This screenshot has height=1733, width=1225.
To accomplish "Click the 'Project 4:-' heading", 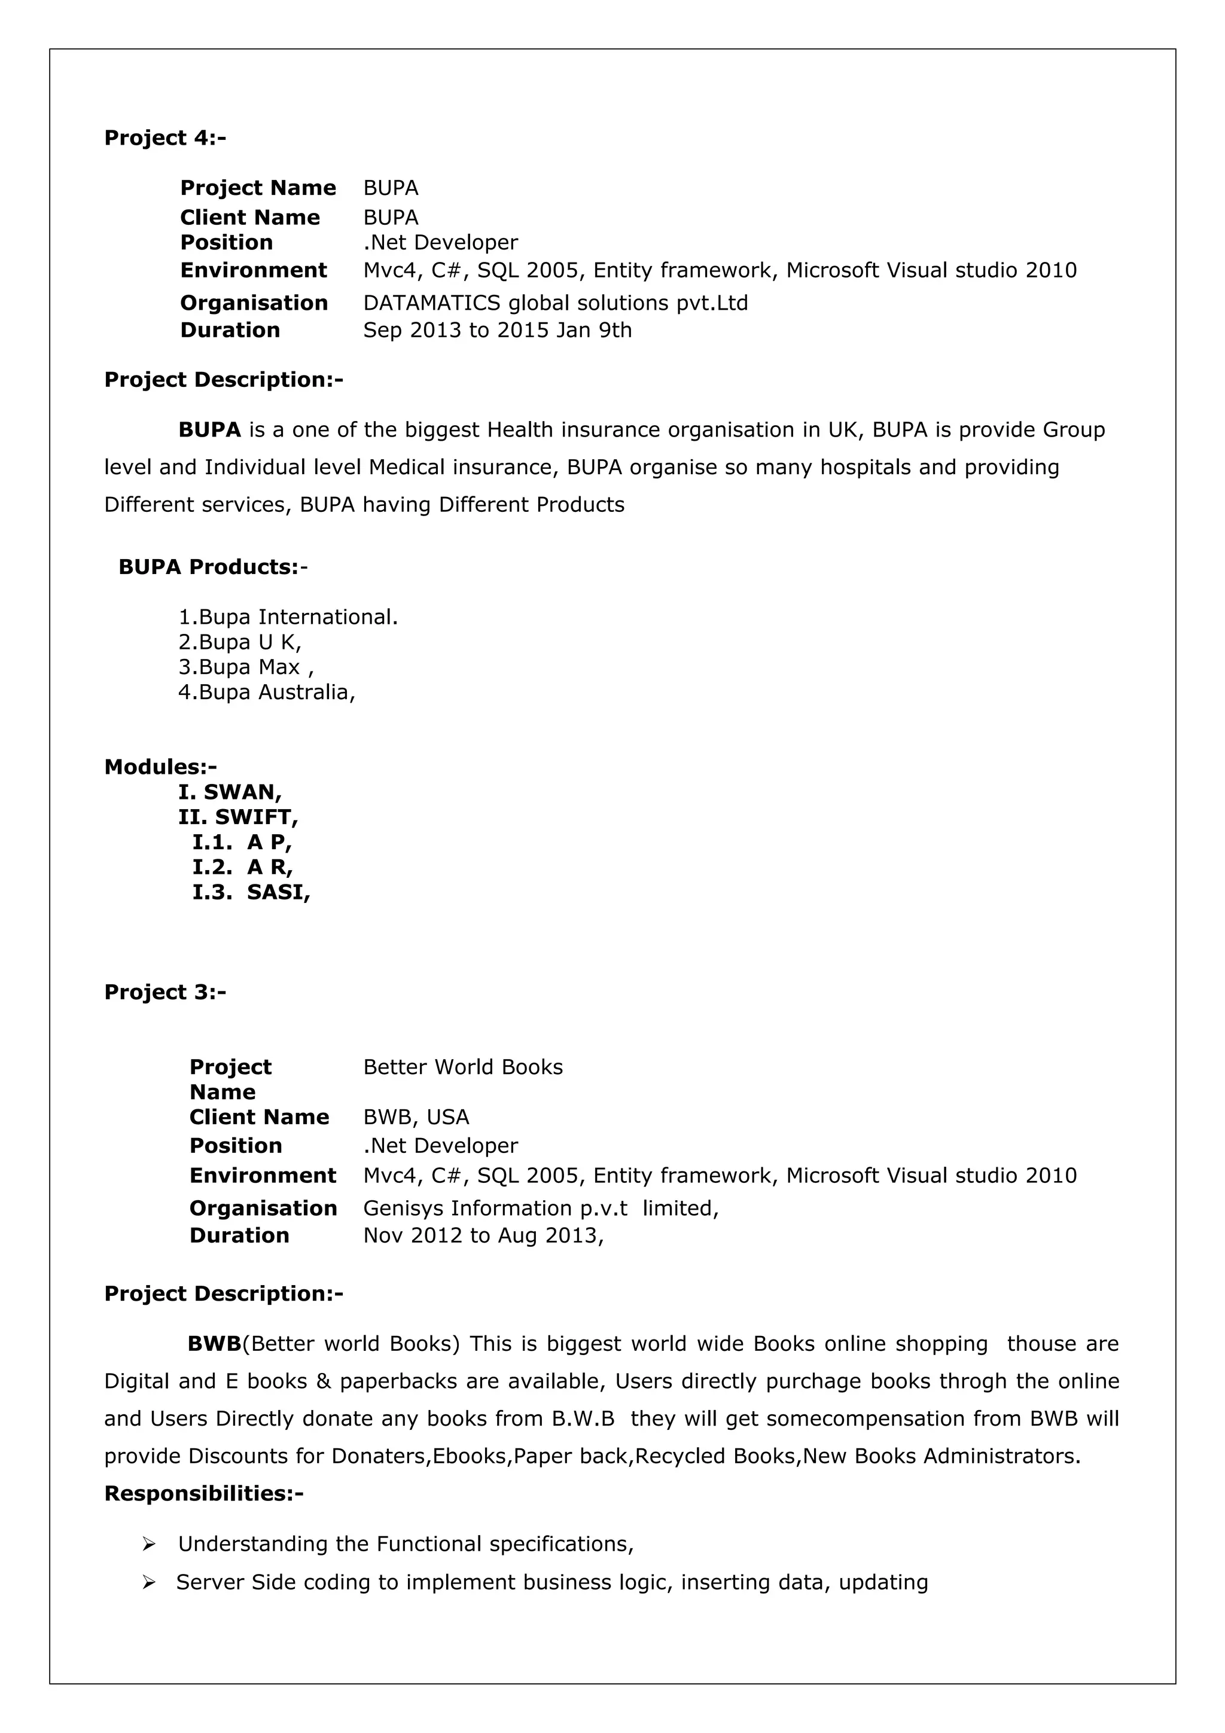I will pos(164,138).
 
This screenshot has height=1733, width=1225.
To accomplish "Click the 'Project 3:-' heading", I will pos(164,992).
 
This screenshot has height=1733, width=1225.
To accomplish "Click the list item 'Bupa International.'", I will pos(288,617).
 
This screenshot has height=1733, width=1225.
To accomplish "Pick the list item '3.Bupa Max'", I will pos(245,667).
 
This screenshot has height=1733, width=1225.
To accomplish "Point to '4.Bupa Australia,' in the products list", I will pos(266,692).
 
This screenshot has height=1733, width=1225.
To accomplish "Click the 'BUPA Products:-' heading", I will pos(213,567).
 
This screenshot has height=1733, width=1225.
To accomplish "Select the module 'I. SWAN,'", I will pos(230,792).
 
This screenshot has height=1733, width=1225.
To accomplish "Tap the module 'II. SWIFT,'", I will pos(237,817).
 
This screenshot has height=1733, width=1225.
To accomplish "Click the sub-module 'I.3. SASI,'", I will pos(251,892).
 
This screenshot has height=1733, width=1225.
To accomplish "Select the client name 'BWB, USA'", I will pos(416,1116).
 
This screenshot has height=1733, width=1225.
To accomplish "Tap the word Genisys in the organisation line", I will pos(404,1209).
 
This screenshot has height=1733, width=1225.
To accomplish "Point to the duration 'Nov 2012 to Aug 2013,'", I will pos(483,1235).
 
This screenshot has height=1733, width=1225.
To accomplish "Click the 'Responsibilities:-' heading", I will pos(204,1493).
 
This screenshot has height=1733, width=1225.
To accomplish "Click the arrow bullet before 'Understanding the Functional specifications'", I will pos(149,1544).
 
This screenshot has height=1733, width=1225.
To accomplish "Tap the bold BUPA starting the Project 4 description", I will pos(209,430).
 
